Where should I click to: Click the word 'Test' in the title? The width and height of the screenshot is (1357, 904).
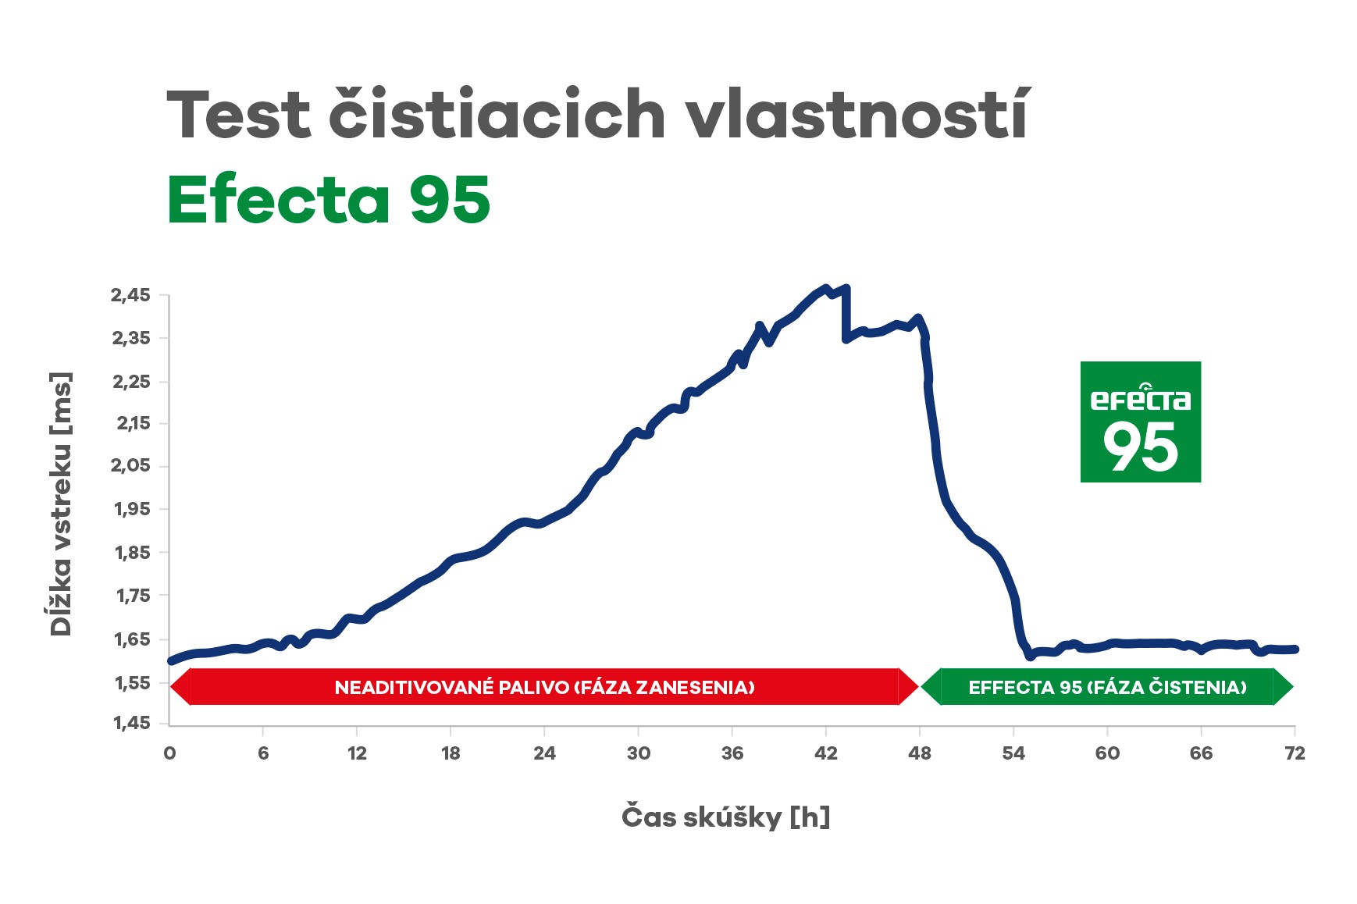pos(237,115)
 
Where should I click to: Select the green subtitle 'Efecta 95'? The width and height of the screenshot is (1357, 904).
pos(329,200)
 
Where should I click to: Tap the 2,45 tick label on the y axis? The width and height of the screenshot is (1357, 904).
pos(130,295)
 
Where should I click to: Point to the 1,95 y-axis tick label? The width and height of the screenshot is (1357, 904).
pos(132,509)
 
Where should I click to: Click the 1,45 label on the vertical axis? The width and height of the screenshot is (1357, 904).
pos(132,723)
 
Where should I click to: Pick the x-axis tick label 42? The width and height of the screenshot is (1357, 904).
pos(825,753)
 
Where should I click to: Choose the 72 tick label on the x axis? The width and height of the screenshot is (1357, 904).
pos(1295,753)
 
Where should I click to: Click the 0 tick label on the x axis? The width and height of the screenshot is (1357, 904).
pos(169,753)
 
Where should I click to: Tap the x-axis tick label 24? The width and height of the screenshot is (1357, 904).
pos(544,753)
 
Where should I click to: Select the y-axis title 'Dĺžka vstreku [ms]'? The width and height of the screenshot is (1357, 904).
pos(61,504)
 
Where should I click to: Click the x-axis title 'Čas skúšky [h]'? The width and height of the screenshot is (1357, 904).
pos(725,817)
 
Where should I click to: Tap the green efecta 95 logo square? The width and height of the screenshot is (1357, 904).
pos(1140,422)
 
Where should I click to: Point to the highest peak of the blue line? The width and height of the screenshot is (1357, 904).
pos(826,288)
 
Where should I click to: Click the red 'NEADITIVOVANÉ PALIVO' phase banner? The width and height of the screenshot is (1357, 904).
pos(544,687)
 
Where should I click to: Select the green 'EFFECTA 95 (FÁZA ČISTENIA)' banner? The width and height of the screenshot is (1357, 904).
pos(1107,687)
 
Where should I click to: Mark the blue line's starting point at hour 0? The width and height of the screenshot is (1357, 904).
pos(171,661)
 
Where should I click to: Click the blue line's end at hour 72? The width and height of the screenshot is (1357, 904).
pos(1295,649)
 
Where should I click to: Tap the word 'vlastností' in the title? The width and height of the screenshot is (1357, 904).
pos(858,115)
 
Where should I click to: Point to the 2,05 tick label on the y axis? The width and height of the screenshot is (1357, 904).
pos(130,466)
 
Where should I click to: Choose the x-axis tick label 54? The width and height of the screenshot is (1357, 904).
pos(1013,753)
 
